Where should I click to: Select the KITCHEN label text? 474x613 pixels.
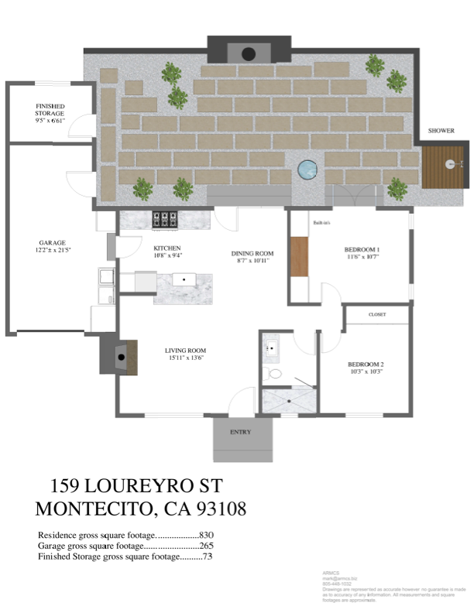pos(167,248)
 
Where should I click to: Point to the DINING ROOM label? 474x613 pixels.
pos(252,253)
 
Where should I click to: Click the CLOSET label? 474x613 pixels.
pos(377,315)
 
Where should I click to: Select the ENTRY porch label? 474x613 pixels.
pos(241,432)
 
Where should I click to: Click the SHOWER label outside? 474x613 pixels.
pos(441,131)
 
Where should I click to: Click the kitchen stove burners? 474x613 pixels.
pos(165,219)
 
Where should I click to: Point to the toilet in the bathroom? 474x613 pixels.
pos(273,374)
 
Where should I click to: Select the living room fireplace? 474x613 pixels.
pos(119,357)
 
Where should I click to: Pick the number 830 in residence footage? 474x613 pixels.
pos(207,535)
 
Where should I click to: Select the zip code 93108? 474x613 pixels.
pos(218,509)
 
